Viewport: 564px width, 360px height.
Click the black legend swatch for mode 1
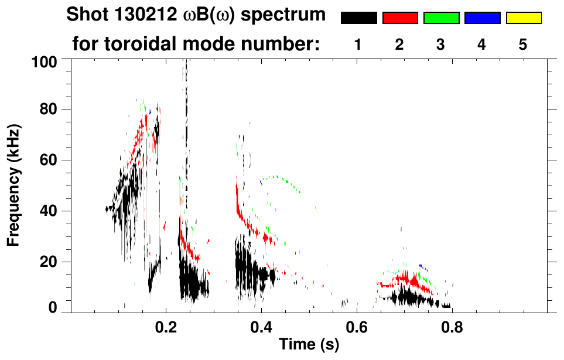pos(358,18)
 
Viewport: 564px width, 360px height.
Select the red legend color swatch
pos(400,18)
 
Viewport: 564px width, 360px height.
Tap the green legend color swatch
pos(441,18)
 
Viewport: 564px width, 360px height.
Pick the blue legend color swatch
pos(482,18)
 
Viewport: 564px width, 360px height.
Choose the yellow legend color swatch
pos(524,18)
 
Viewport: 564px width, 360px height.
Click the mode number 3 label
pos(441,44)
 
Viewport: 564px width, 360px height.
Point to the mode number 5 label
pos(523,44)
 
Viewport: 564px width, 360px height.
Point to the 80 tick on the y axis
pos(50,109)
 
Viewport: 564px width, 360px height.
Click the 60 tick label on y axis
pos(50,160)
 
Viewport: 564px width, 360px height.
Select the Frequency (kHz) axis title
pos(15,184)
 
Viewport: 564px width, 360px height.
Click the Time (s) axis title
pos(309,345)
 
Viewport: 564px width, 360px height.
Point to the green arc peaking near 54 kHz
pos(272,177)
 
